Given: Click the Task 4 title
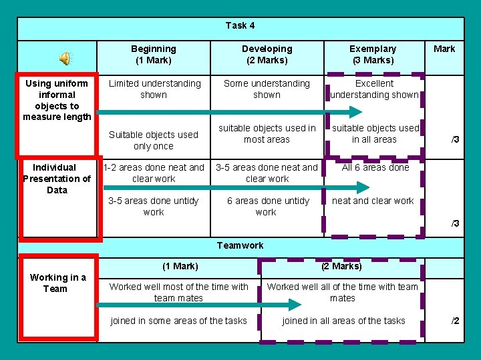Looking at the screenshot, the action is click(240, 26).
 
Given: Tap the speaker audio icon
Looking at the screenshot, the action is click(66, 59).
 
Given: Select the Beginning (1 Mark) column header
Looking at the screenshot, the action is click(154, 55).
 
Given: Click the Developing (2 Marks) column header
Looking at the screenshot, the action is click(267, 55).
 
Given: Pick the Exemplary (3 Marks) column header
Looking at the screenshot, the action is click(373, 55).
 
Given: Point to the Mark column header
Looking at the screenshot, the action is click(444, 49).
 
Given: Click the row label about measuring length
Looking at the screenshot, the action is click(57, 100).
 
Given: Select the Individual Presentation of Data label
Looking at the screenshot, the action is click(57, 179).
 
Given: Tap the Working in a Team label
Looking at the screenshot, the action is click(58, 283).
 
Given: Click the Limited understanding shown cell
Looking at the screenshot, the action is click(154, 89).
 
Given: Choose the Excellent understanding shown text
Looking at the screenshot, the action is click(374, 89).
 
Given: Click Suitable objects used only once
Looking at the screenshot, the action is click(154, 140).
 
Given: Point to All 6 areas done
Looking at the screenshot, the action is click(375, 167).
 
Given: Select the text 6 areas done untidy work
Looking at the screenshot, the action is click(267, 207).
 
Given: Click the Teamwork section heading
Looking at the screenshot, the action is click(240, 245).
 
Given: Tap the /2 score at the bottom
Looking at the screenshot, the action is click(455, 321).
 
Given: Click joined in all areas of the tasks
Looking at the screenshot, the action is click(343, 321).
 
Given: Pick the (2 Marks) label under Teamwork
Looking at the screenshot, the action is click(341, 267).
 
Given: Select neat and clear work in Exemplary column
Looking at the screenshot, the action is click(373, 201).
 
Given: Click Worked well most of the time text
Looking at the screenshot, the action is click(178, 293).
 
